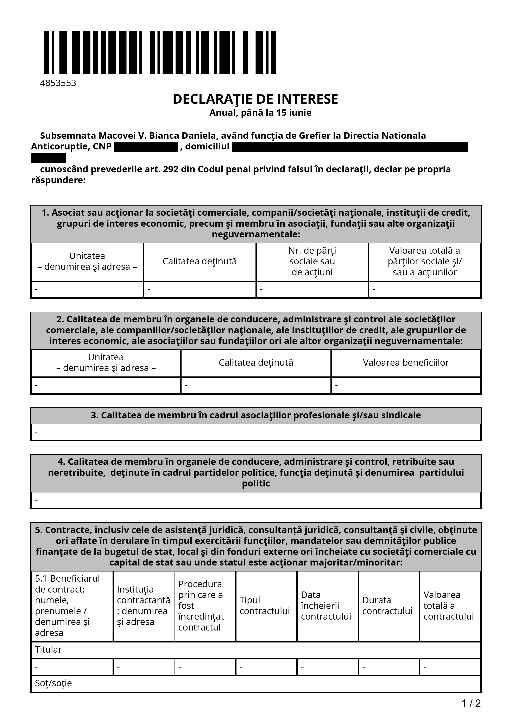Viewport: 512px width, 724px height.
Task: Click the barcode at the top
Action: click(x=160, y=52)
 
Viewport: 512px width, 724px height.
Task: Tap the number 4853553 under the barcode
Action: click(x=58, y=83)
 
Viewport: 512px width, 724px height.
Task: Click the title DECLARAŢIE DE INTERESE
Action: click(x=255, y=99)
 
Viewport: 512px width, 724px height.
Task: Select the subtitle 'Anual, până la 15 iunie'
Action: click(x=260, y=113)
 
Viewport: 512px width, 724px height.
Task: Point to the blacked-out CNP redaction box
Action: click(x=146, y=147)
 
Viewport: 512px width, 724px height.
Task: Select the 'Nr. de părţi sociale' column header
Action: click(x=312, y=261)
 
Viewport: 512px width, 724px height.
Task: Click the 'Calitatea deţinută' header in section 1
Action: click(x=200, y=261)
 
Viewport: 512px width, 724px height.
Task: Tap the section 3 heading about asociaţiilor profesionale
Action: click(x=256, y=415)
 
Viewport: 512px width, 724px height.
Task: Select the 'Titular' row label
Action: click(x=48, y=649)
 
